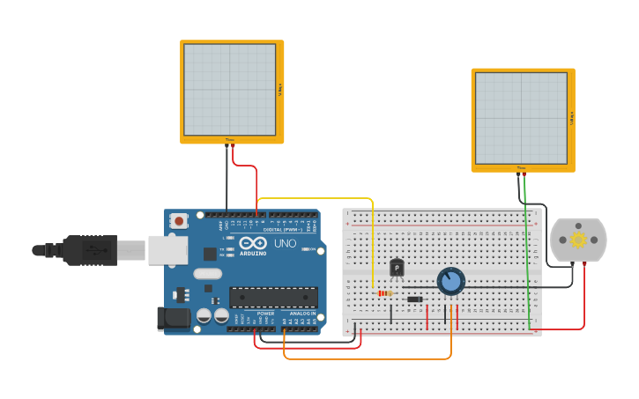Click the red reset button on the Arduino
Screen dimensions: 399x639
tap(179, 221)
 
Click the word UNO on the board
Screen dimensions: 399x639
tap(285, 244)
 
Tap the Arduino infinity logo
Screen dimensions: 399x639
tap(252, 244)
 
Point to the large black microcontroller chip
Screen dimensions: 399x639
tap(273, 297)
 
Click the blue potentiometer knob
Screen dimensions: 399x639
tap(450, 281)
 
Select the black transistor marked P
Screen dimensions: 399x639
tap(397, 268)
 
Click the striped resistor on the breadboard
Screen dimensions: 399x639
tap(383, 293)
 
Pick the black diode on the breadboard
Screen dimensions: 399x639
tap(414, 299)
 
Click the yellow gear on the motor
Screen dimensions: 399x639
tap(578, 240)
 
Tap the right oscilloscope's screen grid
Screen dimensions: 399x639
tap(521, 117)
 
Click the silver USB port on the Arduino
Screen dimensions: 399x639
tap(167, 250)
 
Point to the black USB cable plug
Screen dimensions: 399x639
tap(88, 250)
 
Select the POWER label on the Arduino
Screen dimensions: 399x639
tap(265, 314)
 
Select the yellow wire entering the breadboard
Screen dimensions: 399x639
tap(373, 247)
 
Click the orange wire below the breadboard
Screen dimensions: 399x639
tap(370, 358)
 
